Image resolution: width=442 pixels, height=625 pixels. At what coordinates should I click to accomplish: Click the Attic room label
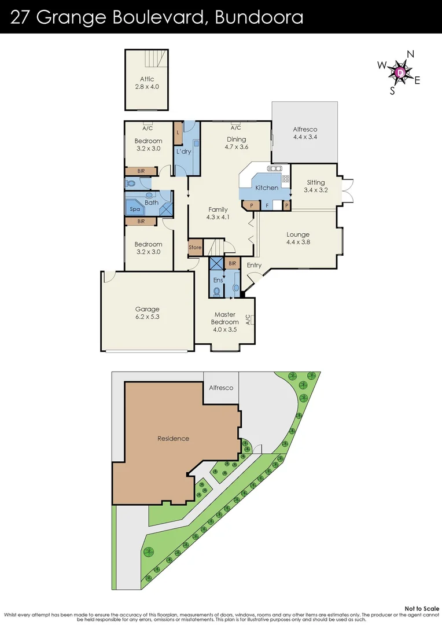146,79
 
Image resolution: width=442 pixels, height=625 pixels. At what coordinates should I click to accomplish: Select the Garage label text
148,309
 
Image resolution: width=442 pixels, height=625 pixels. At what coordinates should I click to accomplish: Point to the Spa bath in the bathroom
135,209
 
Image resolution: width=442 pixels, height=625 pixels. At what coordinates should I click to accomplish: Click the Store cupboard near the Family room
195,248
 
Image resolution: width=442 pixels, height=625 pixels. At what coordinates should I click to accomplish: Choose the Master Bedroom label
224,318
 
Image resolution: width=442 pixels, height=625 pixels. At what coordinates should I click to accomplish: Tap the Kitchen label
267,187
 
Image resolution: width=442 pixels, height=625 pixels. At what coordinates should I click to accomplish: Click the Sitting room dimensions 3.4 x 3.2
315,190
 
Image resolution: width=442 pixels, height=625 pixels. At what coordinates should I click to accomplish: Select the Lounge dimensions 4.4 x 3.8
298,242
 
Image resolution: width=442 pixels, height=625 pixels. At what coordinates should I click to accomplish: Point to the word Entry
254,265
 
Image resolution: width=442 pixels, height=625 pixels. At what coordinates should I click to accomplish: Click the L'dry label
184,152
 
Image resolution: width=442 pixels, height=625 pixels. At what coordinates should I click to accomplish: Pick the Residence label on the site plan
174,438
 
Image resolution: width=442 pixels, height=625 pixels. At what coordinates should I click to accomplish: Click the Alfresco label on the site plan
221,388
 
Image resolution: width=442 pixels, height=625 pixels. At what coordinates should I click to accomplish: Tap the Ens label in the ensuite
218,280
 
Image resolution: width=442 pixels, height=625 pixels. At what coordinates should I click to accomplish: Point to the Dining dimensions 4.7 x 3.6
236,147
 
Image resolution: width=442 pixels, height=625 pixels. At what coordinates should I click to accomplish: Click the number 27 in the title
21,17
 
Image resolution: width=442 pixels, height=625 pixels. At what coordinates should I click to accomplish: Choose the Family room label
218,209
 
